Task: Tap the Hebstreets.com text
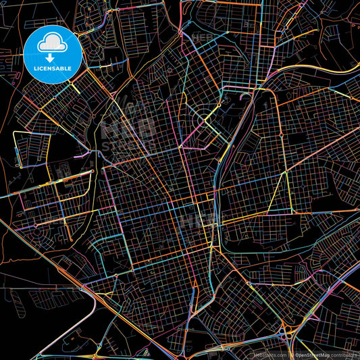point(269,354)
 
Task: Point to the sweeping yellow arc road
point(297,71)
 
